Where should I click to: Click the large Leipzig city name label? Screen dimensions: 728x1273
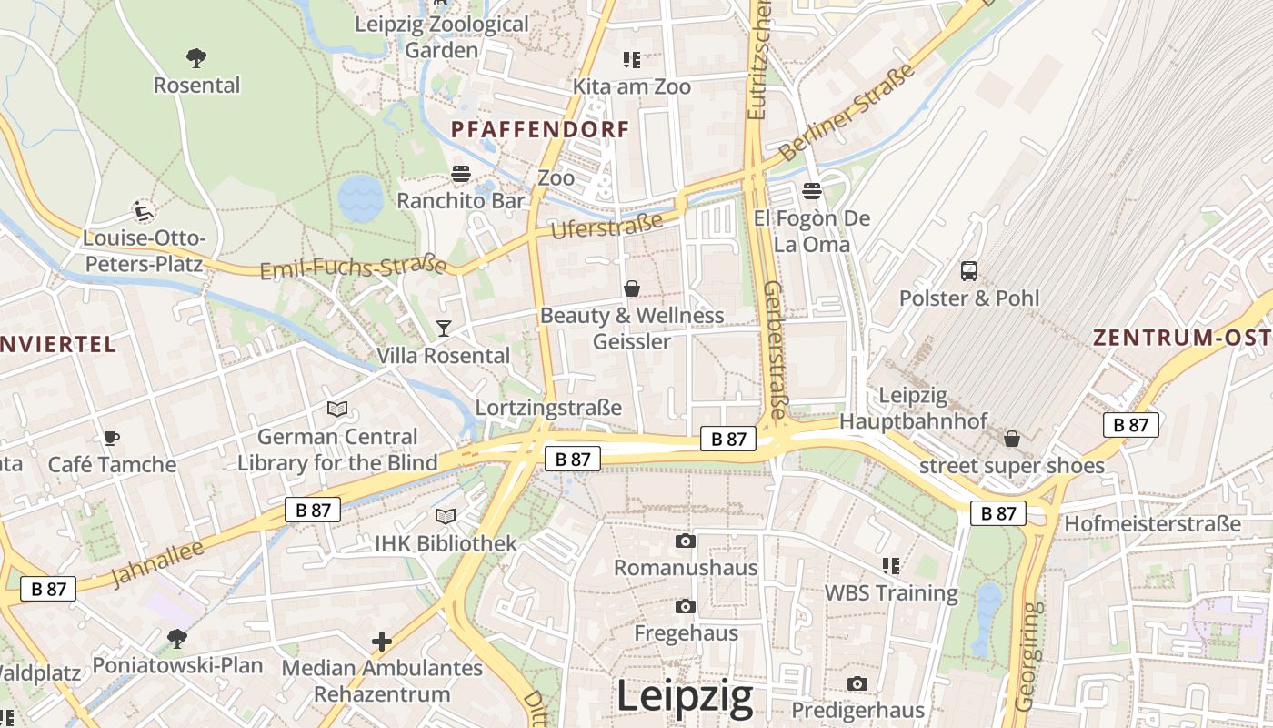[685, 697]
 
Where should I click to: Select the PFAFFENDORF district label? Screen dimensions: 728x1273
[540, 129]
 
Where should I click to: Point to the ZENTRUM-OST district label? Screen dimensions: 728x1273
[1182, 338]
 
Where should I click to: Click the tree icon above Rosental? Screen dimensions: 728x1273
[195, 59]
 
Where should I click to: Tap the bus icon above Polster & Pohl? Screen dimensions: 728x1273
[969, 270]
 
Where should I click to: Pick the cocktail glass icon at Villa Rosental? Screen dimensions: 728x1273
[444, 328]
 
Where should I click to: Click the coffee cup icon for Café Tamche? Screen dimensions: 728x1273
[111, 438]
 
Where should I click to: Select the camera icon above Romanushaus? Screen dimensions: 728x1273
[686, 541]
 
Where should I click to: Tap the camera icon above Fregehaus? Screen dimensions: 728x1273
[686, 606]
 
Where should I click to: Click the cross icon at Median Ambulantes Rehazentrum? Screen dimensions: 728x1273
[382, 642]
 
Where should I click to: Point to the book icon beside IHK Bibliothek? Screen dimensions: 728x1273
[445, 517]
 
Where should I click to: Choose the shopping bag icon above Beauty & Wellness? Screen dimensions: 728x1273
[631, 288]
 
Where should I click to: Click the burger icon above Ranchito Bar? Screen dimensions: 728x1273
[461, 174]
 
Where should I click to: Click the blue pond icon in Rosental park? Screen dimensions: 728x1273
[361, 197]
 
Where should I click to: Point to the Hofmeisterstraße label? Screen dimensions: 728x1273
[1152, 524]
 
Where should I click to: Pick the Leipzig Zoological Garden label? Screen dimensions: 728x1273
[442, 37]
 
